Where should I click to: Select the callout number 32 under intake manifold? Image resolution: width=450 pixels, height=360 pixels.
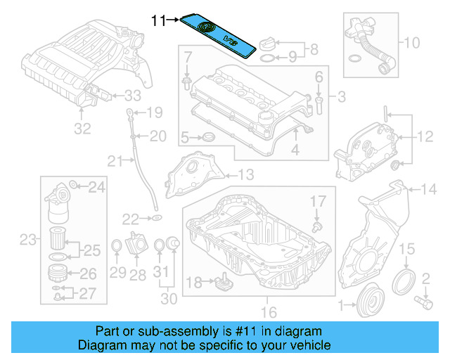click(83, 129)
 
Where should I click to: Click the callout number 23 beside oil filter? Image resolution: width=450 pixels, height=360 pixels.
click(27, 240)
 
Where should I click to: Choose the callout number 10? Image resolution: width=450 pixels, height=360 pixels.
click(411, 42)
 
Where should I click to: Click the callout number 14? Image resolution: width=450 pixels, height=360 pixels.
click(428, 188)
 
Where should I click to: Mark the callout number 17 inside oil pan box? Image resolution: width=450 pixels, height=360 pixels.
click(319, 201)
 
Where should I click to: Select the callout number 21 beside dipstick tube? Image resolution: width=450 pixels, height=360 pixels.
click(115, 162)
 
